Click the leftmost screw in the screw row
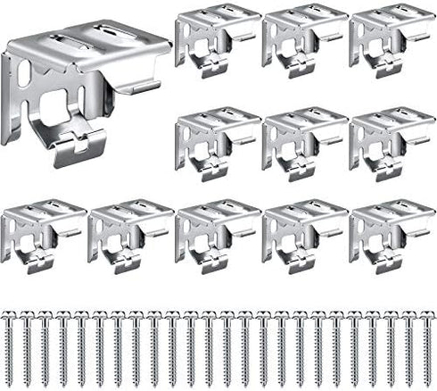[x=10, y=346]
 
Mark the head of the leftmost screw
[x=10, y=315]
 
